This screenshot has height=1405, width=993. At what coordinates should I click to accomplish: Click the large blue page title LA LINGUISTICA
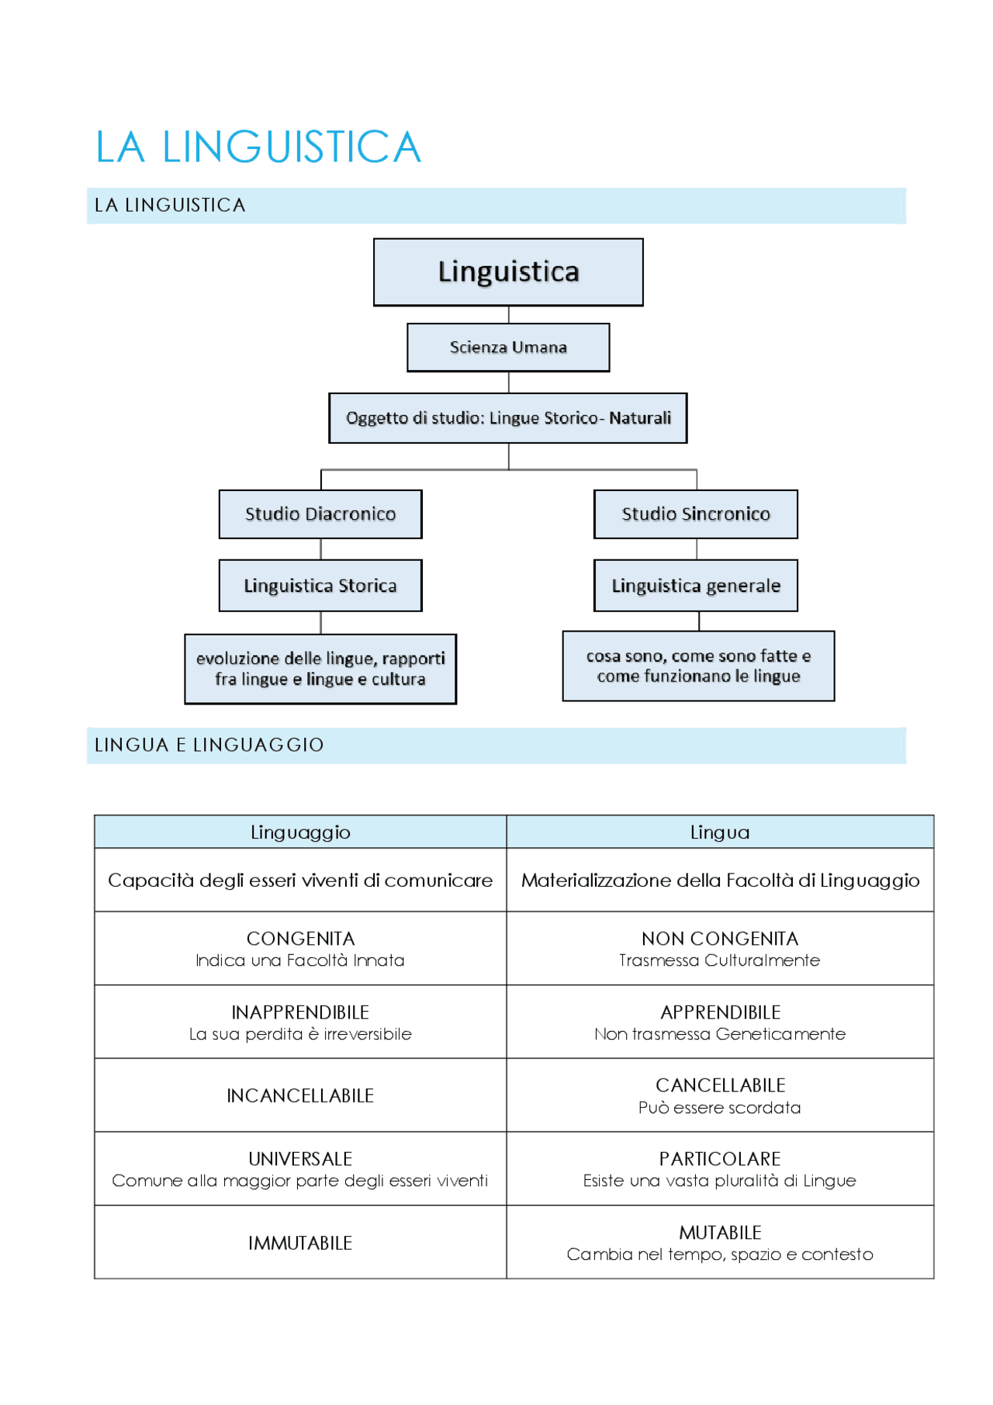click(x=258, y=147)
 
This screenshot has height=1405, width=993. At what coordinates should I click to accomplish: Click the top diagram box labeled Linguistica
click(x=508, y=272)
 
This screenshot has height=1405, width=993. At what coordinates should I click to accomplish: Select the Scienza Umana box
click(x=508, y=348)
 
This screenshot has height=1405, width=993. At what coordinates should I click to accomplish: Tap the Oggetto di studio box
click(x=508, y=418)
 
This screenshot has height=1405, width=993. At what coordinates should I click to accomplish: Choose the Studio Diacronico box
click(x=320, y=514)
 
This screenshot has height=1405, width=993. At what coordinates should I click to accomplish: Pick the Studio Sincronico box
click(x=696, y=514)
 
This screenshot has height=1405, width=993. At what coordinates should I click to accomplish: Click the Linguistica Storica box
click(x=320, y=586)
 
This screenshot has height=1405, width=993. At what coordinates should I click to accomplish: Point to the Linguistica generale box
click(x=696, y=586)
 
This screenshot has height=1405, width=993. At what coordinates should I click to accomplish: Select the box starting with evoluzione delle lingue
click(x=320, y=669)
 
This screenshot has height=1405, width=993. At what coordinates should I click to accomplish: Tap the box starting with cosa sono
click(x=698, y=666)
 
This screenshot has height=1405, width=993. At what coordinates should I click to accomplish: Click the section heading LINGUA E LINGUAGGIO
click(x=209, y=746)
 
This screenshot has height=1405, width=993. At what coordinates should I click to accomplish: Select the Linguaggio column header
click(x=300, y=832)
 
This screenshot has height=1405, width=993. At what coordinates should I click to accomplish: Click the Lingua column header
click(x=720, y=832)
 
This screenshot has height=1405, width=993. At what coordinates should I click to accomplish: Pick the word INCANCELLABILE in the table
click(x=300, y=1095)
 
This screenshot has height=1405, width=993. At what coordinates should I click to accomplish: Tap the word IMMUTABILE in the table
click(x=300, y=1243)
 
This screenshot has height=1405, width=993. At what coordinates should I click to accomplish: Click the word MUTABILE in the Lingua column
click(x=720, y=1232)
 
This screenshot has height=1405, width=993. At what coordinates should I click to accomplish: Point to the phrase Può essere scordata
click(x=720, y=1108)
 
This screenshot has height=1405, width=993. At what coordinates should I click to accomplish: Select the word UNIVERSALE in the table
click(x=300, y=1158)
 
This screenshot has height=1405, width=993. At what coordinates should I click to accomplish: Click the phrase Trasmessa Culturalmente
click(x=720, y=960)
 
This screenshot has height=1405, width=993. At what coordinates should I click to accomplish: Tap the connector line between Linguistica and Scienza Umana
click(x=509, y=315)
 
